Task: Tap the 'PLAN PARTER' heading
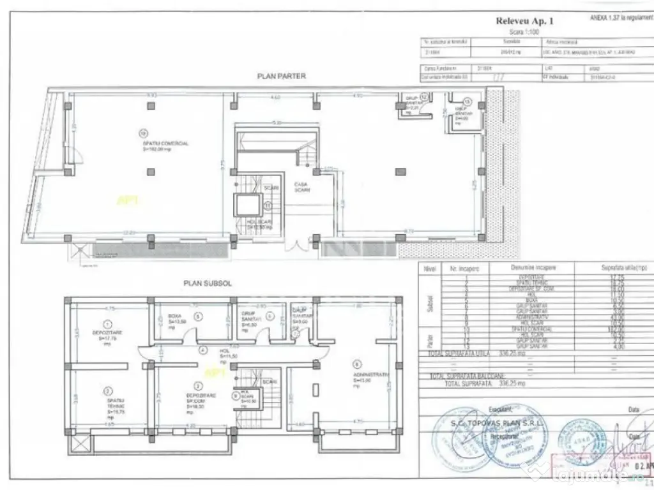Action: coord(282,76)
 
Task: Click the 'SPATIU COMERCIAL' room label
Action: coord(165,144)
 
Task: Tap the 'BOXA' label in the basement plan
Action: coord(175,316)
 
